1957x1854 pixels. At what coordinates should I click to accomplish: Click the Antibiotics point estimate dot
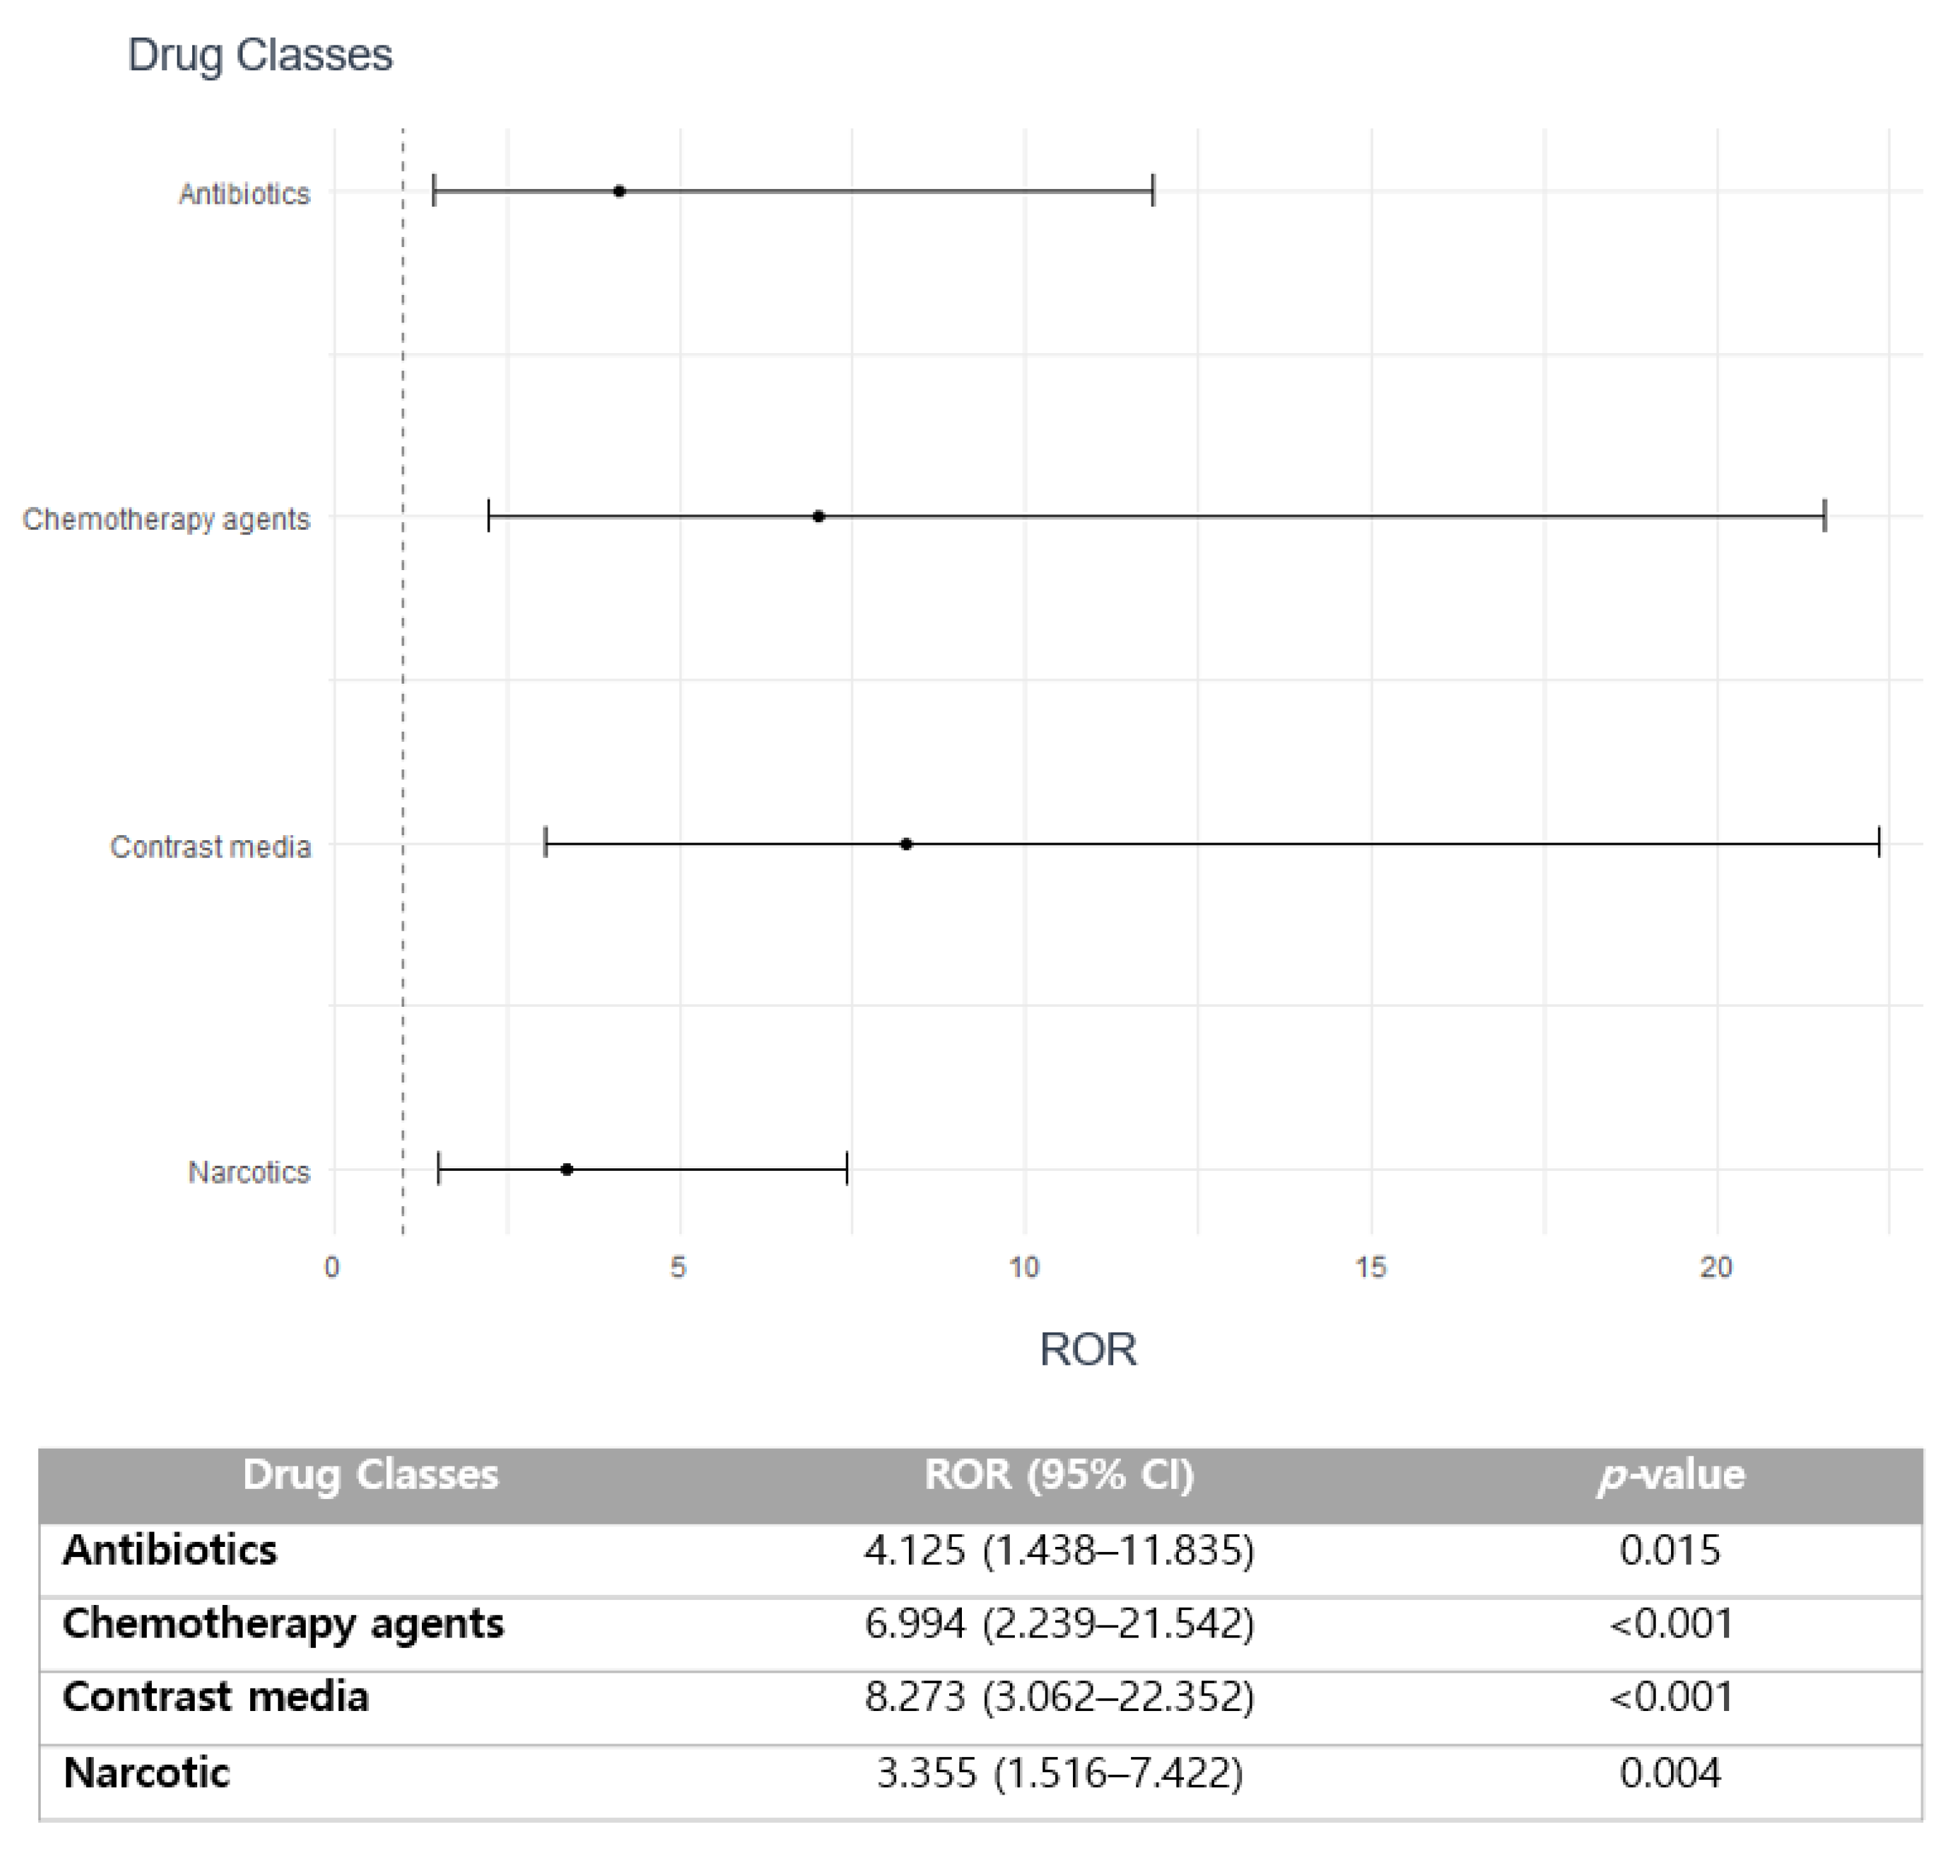619,192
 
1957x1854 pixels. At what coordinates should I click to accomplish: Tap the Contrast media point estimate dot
906,844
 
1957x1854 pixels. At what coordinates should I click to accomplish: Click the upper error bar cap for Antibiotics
1153,192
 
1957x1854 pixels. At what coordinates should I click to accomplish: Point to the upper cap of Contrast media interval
1878,844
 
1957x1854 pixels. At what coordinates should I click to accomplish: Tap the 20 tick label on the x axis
1716,1268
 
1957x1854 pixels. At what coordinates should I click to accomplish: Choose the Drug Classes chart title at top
260,56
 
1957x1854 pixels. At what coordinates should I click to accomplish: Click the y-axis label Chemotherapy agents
166,520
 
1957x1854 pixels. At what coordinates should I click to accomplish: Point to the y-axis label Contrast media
211,848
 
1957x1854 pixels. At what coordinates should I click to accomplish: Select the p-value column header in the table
1670,1475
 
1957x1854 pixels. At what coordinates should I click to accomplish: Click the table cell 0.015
1670,1551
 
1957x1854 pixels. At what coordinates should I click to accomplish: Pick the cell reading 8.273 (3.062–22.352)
1059,1698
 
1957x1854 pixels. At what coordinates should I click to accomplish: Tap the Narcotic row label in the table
146,1773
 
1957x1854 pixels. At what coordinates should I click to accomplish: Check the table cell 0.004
1670,1773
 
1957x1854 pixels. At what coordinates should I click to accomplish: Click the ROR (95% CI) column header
1059,1475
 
